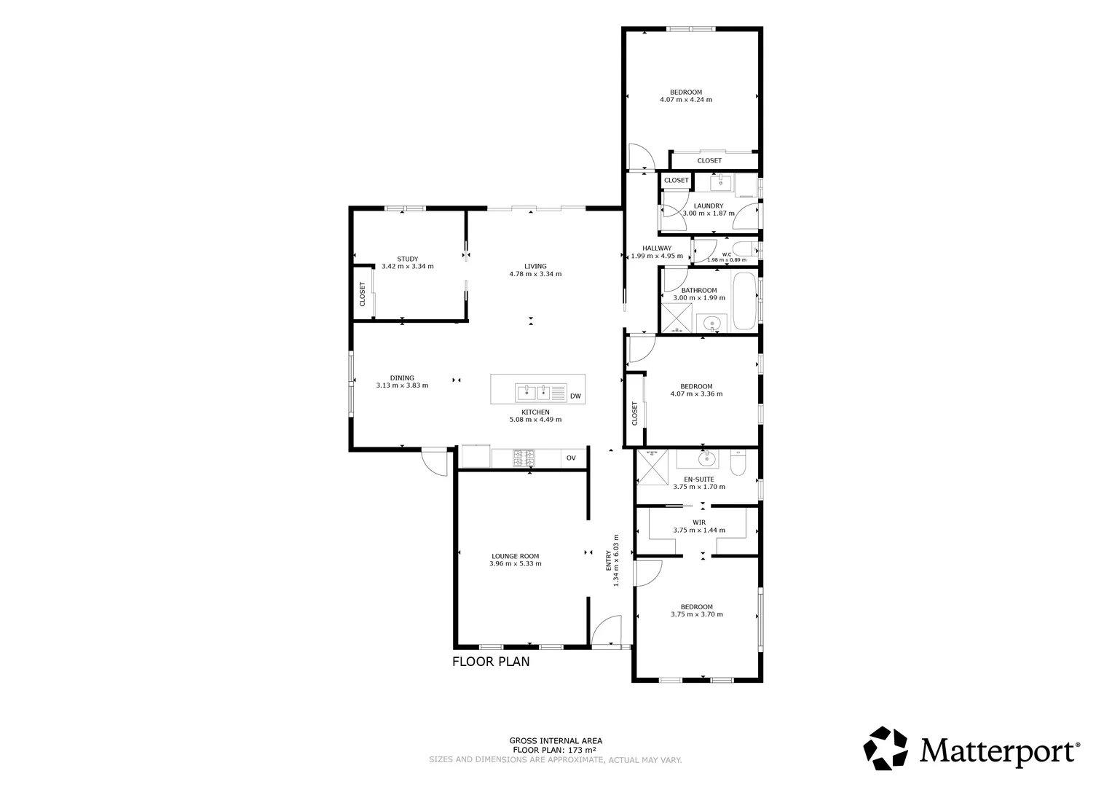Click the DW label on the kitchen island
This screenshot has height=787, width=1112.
pos(575,396)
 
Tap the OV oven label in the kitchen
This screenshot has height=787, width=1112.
pos(571,458)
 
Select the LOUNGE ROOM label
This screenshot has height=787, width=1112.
pos(516,556)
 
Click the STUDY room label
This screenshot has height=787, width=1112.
pos(407,259)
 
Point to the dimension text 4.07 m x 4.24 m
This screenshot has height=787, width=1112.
pos(686,100)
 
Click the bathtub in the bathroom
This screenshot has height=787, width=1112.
pos(744,301)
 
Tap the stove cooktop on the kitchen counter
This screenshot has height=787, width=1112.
pos(524,458)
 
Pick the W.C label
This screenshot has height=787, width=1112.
pos(727,254)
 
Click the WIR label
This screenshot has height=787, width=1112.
pos(699,522)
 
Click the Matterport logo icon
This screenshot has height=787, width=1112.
pos(886,748)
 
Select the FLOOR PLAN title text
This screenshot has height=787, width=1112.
pos(491,662)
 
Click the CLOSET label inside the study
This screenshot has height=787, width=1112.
pos(362,294)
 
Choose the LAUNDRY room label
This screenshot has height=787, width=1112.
pos(708,206)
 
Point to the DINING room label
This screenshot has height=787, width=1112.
pos(402,377)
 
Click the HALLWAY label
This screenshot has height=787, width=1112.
pos(656,248)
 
